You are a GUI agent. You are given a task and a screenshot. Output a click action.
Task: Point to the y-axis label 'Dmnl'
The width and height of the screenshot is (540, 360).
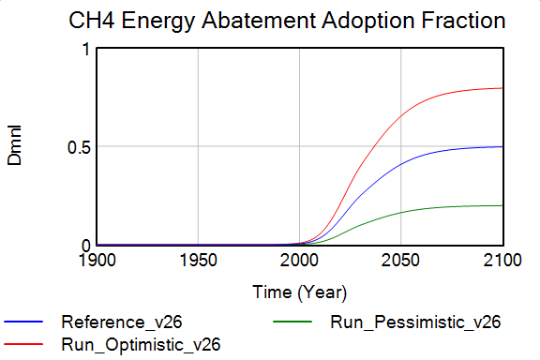click(15, 148)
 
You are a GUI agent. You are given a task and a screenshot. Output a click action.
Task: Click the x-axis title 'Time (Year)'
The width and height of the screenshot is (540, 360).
click(300, 292)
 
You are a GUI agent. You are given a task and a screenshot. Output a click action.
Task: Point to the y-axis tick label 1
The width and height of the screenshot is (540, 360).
click(85, 49)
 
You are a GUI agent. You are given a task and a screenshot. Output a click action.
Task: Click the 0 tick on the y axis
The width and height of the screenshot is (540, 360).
click(85, 245)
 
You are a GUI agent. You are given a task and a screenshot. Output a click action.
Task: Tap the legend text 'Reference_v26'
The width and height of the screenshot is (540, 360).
click(114, 323)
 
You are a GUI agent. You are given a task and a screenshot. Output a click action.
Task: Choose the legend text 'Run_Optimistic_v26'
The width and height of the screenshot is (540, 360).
click(141, 344)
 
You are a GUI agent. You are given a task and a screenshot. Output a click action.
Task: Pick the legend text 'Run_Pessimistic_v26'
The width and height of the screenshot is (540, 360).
click(415, 323)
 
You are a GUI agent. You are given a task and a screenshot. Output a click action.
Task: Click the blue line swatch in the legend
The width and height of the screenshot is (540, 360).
click(23, 323)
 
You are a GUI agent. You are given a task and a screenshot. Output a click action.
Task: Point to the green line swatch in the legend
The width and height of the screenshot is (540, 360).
click(292, 323)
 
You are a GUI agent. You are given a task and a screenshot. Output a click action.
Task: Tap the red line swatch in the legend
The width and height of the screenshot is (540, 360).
click(23, 344)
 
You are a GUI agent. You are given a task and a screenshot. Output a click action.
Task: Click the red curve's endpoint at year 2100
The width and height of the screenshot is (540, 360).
click(502, 88)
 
